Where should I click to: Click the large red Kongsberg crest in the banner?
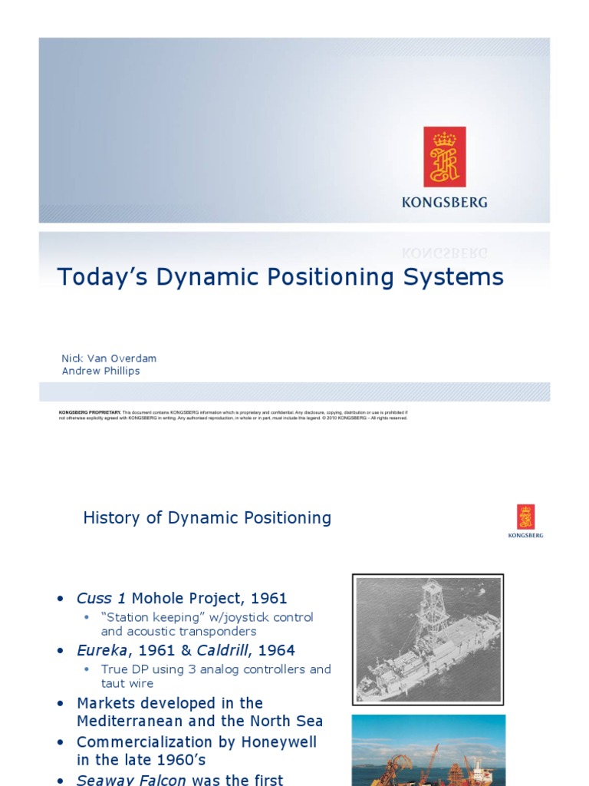click(445, 157)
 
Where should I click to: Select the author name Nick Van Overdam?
click(109, 358)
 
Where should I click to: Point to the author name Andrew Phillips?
click(100, 371)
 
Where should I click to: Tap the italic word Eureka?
click(102, 650)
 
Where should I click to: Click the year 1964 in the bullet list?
click(277, 650)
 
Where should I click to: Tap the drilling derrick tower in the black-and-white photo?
click(432, 606)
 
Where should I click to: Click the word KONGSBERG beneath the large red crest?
click(445, 203)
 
